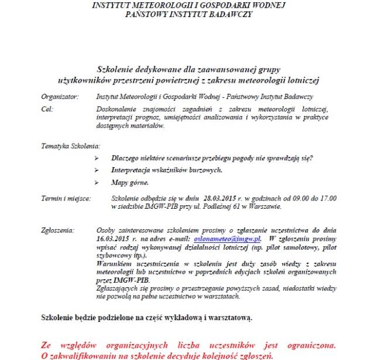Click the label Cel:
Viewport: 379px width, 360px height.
(46, 108)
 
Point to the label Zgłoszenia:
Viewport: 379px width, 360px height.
(57, 232)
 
